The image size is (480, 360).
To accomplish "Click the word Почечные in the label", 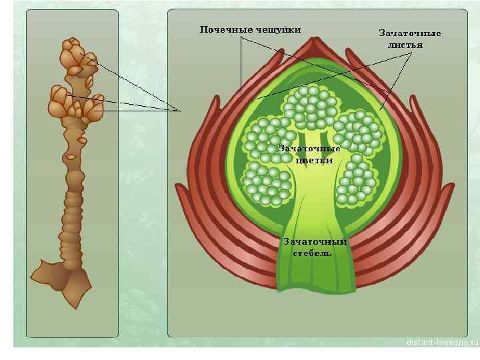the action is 223,29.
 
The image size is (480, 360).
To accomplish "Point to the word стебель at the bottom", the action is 312,253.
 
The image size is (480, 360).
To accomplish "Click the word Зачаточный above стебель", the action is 315,241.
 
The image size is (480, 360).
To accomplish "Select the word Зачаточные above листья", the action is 409,33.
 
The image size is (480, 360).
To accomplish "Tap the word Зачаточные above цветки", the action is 309,148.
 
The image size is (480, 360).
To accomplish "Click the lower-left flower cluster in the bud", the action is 267,181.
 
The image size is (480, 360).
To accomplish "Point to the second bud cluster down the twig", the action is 73,103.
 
